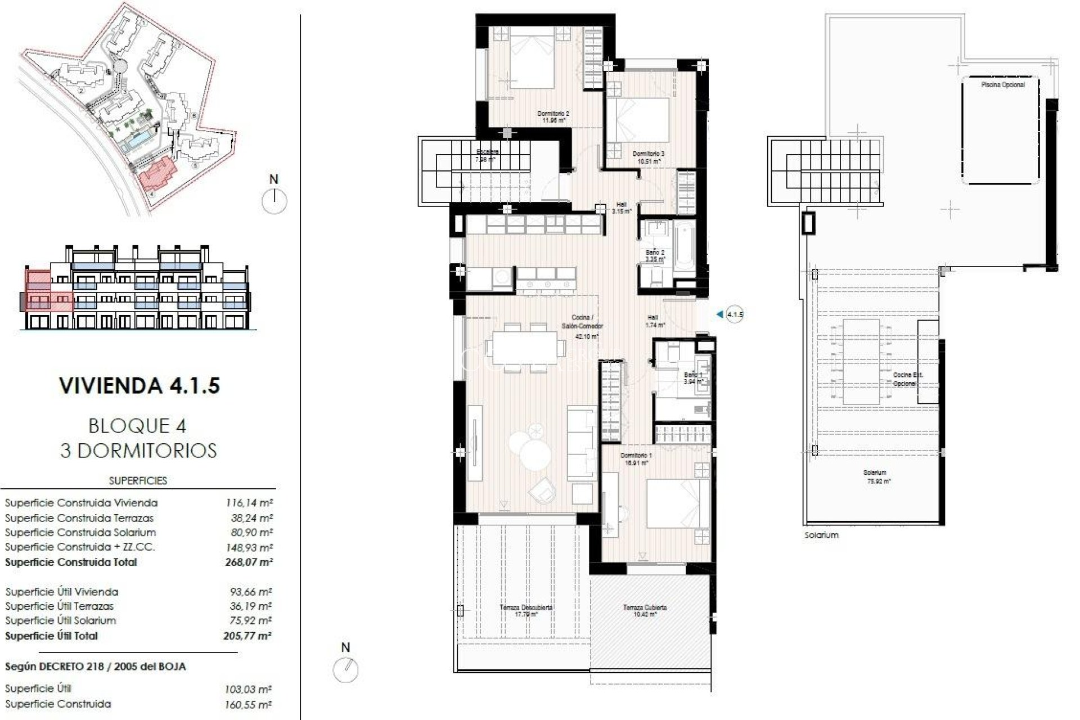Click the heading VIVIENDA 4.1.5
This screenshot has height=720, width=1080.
click(139, 386)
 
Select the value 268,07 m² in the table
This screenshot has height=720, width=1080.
click(247, 562)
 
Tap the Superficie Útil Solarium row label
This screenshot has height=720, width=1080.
click(61, 620)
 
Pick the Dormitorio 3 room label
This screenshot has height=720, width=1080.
click(648, 157)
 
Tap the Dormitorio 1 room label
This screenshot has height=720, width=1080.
click(636, 459)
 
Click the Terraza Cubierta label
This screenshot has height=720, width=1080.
click(645, 610)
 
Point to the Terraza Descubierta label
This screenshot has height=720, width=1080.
click(526, 610)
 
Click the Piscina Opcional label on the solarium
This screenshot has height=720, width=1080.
click(1002, 85)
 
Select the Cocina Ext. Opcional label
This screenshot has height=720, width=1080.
click(907, 379)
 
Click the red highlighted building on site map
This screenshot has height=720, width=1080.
click(158, 174)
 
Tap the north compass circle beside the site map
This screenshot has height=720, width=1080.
click(274, 200)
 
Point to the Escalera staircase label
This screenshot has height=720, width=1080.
click(487, 155)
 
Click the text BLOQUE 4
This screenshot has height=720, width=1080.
click(137, 426)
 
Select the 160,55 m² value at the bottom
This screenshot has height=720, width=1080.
click(247, 704)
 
